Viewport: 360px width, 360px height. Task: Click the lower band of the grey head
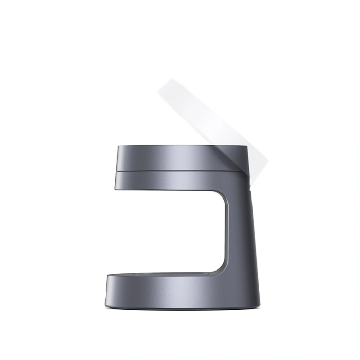pos(180,179)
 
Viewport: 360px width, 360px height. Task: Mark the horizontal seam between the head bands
pos(180,170)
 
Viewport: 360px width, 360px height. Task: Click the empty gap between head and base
pos(170,231)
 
